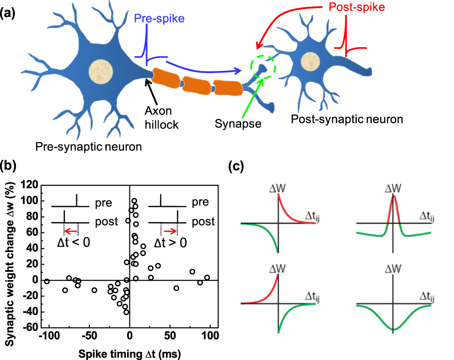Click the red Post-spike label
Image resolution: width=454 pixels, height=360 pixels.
pyautogui.click(x=364, y=8)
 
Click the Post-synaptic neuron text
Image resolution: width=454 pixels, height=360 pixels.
pyautogui.click(x=347, y=119)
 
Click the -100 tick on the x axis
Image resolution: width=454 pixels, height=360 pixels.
pyautogui.click(x=49, y=340)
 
